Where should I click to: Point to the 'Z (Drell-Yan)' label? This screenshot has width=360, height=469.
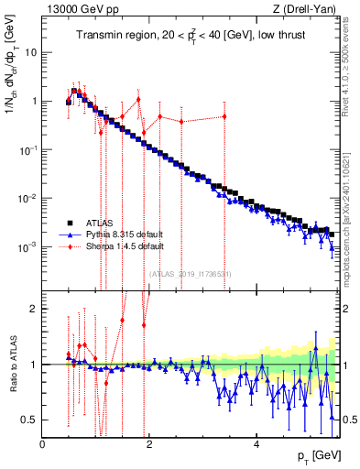tap(309, 9)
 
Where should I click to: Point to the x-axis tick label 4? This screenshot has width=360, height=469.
tap(257, 444)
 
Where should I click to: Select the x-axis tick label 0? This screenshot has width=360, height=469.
tap(43, 444)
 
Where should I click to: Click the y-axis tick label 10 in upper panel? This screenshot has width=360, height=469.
tap(30, 52)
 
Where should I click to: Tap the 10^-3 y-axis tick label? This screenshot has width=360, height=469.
tap(27, 247)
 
